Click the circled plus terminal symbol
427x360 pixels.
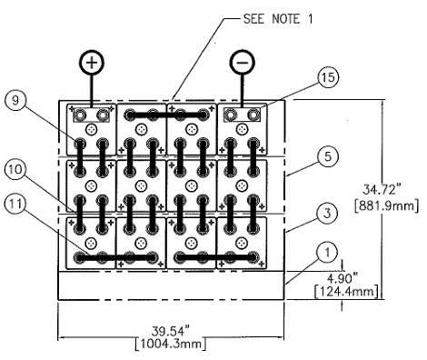coord(92,62)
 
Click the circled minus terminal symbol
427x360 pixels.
coord(243,62)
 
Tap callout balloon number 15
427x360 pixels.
coord(328,77)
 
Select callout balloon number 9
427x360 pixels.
coord(15,101)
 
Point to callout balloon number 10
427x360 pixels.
coord(15,169)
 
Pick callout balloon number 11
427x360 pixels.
coord(15,204)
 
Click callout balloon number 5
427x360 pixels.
coord(328,156)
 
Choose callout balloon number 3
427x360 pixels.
coord(327,214)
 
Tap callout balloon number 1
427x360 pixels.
coord(327,253)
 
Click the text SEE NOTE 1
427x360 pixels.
coord(278,19)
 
